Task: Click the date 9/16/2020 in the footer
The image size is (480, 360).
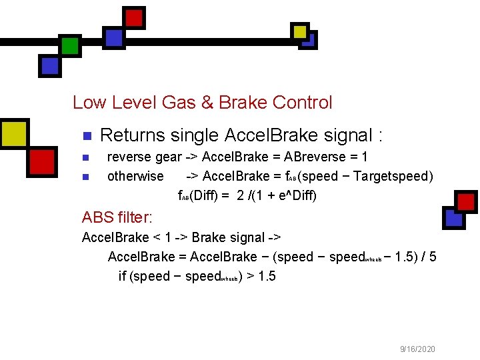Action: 418,349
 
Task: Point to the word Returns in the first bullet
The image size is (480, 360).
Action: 132,135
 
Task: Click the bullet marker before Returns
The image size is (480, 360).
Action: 85,136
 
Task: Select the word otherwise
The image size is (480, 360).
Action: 135,176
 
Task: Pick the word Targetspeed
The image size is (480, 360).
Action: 393,176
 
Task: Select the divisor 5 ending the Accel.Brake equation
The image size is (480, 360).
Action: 433,257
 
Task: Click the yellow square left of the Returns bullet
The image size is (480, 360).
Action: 14,132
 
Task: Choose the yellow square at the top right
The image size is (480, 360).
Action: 300,31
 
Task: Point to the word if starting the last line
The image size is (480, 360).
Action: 122,276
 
